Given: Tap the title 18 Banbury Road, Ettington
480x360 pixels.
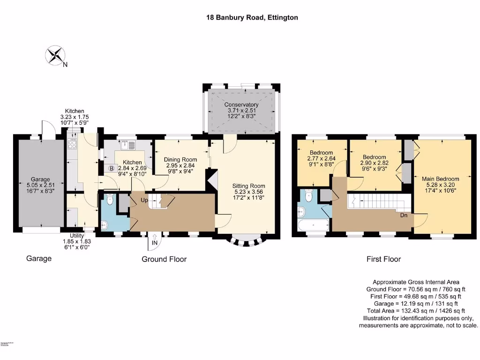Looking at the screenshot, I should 252,17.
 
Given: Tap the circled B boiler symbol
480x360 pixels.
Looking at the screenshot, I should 112,168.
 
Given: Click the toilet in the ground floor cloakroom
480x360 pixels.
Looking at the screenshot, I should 110,201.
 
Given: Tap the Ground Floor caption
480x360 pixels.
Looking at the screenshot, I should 164,259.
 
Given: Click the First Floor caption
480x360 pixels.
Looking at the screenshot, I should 383,259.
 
